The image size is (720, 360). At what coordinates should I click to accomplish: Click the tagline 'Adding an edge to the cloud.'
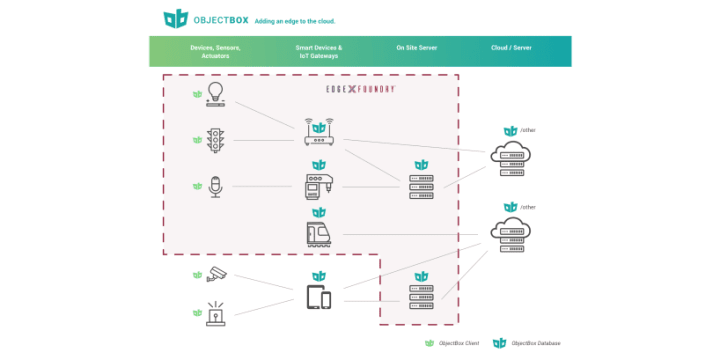click(295, 19)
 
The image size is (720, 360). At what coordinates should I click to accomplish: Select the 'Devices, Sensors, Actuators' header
click(216, 52)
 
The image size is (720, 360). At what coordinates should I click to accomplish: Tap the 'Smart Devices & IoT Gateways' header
click(318, 52)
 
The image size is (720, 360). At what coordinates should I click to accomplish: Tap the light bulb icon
click(215, 96)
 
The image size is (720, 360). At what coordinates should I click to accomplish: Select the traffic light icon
click(215, 141)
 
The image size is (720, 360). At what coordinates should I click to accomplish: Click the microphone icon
click(215, 186)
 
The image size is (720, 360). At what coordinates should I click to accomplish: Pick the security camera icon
click(216, 275)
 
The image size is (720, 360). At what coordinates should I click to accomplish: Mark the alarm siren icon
click(215, 314)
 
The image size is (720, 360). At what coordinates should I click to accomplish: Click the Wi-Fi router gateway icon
click(318, 133)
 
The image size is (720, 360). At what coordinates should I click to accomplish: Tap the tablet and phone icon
click(319, 297)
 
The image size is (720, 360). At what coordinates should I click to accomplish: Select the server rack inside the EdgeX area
click(421, 187)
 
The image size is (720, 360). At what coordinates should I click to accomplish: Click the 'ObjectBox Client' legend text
click(458, 343)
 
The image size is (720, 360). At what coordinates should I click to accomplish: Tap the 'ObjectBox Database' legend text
click(535, 343)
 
